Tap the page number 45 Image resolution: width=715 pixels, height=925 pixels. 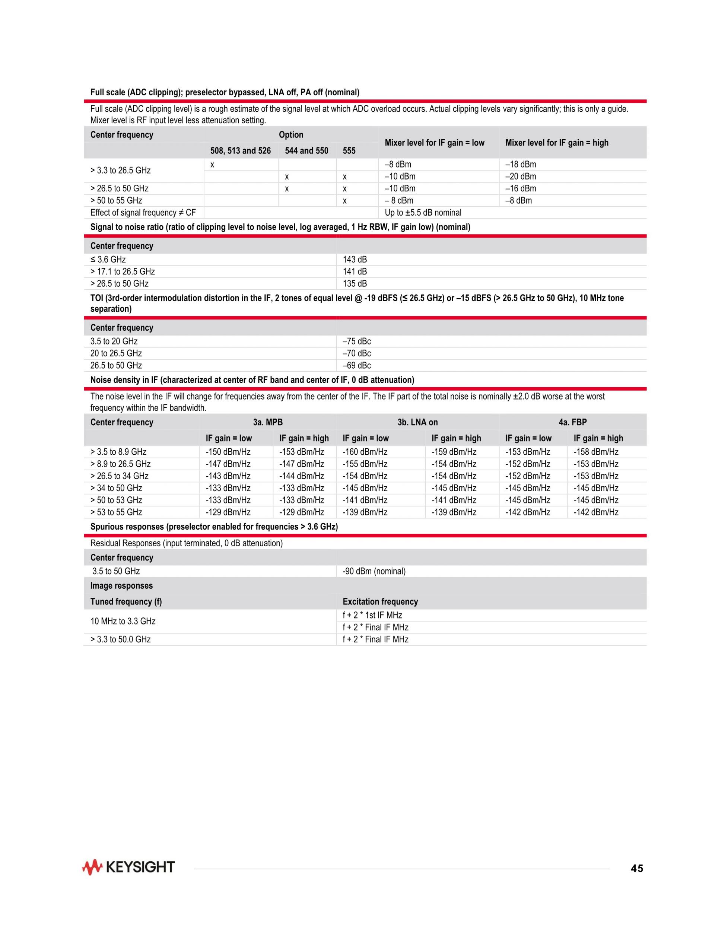[637, 869]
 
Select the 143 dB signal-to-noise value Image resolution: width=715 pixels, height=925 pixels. [355, 260]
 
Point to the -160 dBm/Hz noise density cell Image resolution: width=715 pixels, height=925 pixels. [365, 452]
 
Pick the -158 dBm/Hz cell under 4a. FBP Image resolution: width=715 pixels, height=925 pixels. [595, 452]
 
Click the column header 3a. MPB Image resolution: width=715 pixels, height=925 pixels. [268, 422]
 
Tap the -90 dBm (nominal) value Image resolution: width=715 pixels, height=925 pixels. [374, 571]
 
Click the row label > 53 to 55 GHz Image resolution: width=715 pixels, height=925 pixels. [116, 512]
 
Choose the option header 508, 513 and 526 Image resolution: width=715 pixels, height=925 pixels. [240, 151]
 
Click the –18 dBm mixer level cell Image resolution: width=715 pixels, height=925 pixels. [521, 164]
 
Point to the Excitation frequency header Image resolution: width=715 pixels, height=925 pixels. [380, 601]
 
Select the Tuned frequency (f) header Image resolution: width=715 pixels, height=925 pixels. [126, 601]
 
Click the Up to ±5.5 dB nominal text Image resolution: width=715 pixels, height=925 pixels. [423, 213]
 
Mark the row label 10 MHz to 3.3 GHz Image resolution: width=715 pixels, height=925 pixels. [123, 622]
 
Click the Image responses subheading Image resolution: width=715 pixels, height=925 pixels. [121, 586]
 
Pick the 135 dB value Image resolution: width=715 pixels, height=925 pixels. [355, 284]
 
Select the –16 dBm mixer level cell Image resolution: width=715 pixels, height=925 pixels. [521, 188]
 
